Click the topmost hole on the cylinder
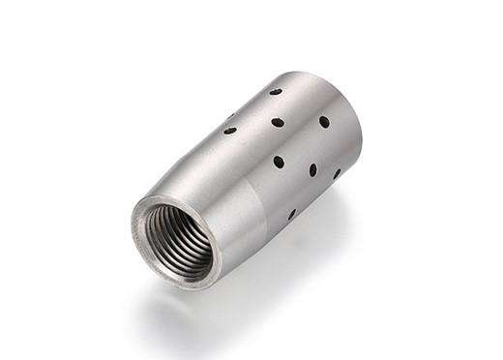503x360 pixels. tap(276, 92)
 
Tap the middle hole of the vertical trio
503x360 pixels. tap(278, 123)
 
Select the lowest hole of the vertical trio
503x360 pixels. tap(279, 162)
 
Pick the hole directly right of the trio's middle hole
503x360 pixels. tap(324, 122)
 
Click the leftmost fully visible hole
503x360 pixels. tap(230, 131)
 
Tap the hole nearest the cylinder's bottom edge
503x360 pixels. tap(291, 214)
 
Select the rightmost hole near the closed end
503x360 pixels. tap(337, 174)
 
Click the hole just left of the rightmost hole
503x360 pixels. tap(313, 170)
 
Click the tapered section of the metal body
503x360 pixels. tap(208, 179)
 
